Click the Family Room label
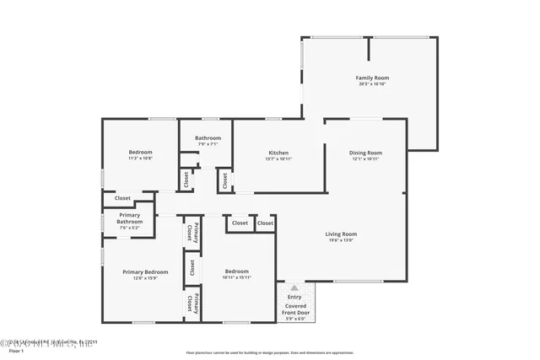click(x=371, y=78)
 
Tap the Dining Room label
click(x=365, y=153)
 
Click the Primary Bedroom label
click(x=145, y=271)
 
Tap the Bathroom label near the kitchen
click(x=208, y=137)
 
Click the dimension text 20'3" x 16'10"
click(x=371, y=84)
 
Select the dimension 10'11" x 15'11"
click(x=236, y=277)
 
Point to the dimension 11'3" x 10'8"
click(x=140, y=159)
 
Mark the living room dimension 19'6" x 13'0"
click(x=342, y=240)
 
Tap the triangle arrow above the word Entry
click(x=294, y=287)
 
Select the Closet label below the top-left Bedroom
click(x=123, y=198)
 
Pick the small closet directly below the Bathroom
click(x=185, y=180)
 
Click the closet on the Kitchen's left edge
click(x=224, y=180)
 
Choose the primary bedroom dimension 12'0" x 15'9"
click(x=145, y=278)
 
